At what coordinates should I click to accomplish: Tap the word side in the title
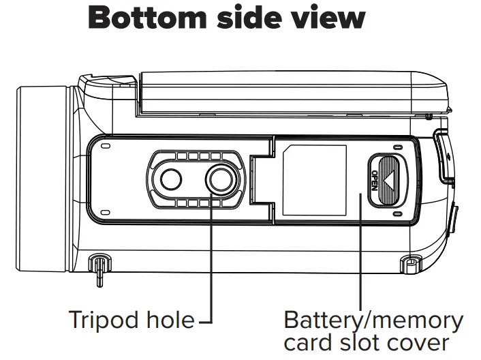point(248,18)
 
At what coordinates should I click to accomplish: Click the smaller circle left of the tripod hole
point(171,180)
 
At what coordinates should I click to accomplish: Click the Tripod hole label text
point(131,319)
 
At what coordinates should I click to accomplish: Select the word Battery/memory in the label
point(373,319)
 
